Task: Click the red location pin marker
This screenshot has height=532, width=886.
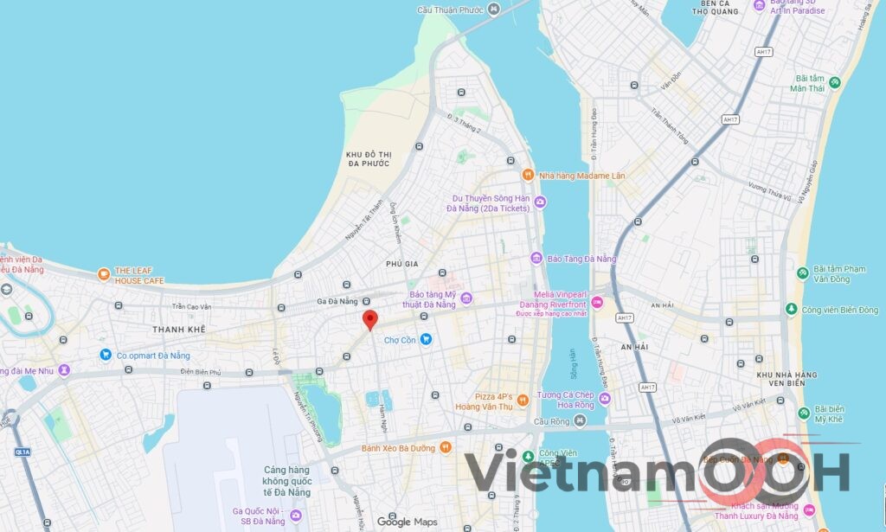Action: (x=369, y=318)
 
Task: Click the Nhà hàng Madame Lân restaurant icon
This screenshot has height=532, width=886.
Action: (x=528, y=175)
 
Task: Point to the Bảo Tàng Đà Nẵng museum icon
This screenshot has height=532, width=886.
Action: (x=536, y=259)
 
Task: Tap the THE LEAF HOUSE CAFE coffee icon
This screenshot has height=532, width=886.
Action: (x=104, y=274)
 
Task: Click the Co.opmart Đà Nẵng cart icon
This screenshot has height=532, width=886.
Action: (x=106, y=354)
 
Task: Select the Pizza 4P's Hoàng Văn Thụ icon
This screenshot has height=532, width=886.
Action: (x=523, y=398)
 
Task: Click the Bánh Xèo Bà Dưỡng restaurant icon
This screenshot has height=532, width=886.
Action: (x=446, y=447)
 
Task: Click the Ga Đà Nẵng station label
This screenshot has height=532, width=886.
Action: (x=337, y=301)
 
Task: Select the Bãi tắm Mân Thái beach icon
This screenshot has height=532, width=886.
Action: (x=834, y=83)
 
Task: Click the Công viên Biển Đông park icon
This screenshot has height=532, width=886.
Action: (x=791, y=310)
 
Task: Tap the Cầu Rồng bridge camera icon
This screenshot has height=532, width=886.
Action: (x=580, y=420)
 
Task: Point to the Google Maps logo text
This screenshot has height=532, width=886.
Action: (x=407, y=522)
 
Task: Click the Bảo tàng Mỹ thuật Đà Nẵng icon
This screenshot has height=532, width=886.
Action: (x=466, y=299)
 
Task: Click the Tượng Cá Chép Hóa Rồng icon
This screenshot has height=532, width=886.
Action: (x=604, y=399)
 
